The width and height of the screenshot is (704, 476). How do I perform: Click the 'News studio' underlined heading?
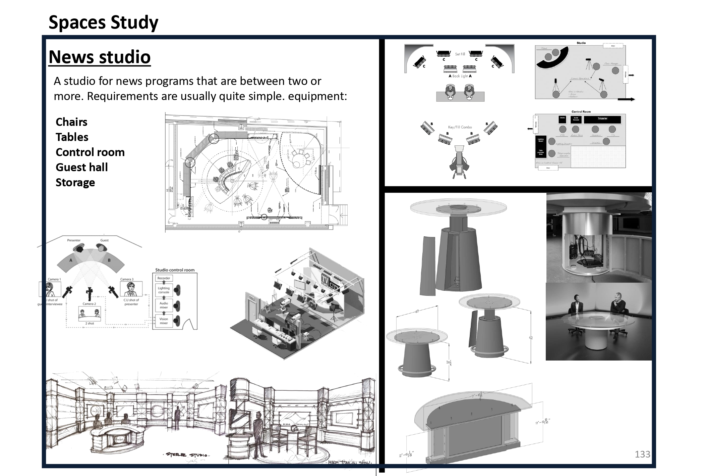click(100, 57)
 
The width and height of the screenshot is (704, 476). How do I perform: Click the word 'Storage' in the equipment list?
click(75, 182)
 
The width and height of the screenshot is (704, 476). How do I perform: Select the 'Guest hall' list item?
click(81, 167)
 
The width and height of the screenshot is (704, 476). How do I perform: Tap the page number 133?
click(642, 454)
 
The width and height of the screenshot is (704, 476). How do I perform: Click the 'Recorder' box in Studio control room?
click(164, 278)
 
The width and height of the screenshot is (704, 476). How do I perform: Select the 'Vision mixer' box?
click(164, 321)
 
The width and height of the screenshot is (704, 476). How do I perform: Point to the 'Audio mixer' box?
click(164, 305)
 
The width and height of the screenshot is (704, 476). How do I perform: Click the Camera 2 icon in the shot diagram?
click(89, 294)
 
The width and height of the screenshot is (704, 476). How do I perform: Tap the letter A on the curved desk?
click(71, 260)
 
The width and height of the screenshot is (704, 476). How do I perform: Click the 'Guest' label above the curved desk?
click(104, 240)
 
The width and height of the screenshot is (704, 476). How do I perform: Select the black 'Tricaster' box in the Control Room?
click(602, 119)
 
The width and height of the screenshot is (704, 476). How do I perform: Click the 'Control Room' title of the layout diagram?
click(581, 111)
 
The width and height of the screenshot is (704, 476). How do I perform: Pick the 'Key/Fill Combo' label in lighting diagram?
click(460, 127)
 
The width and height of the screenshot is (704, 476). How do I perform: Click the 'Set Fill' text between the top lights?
click(460, 54)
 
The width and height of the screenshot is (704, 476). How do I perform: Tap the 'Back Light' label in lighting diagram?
click(460, 76)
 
